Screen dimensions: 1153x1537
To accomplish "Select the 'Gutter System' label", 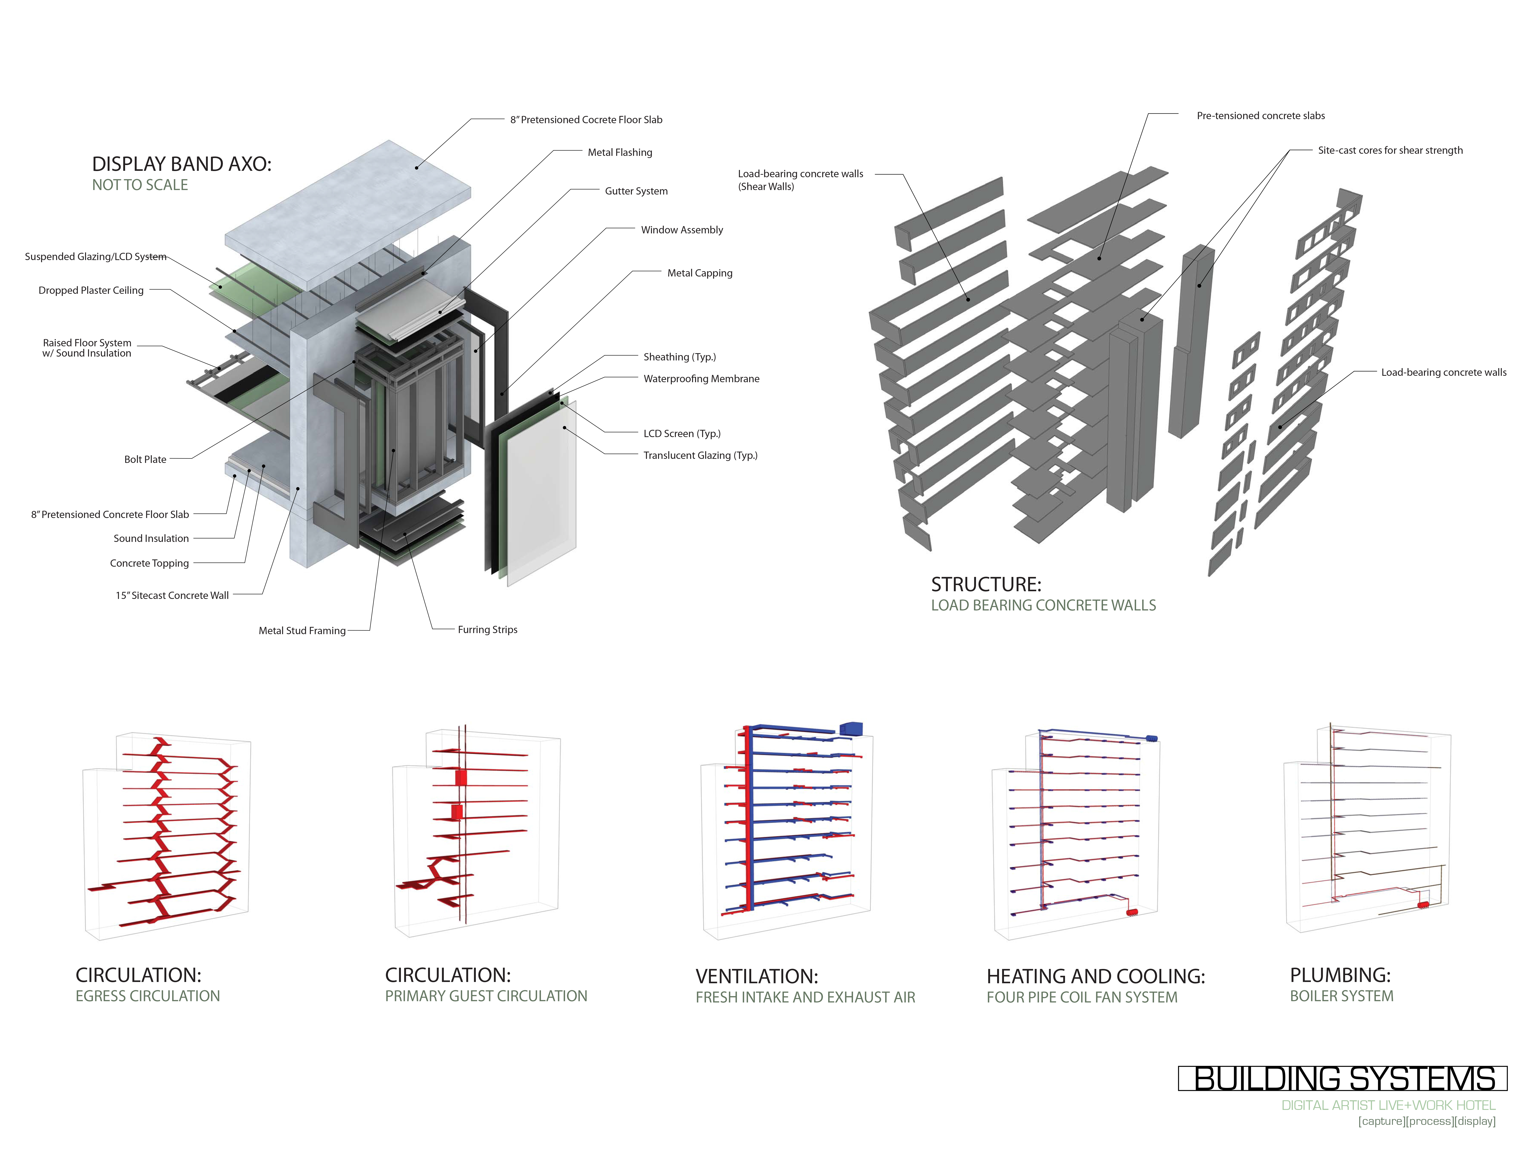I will tap(636, 191).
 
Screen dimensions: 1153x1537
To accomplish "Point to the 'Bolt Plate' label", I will tap(145, 459).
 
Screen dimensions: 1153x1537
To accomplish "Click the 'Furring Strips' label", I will tap(487, 630).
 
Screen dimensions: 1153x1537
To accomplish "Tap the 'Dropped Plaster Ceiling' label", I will tap(91, 291).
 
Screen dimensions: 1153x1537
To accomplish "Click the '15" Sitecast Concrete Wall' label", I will tap(172, 596).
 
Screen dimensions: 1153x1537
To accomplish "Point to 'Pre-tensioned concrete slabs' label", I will tap(1261, 116).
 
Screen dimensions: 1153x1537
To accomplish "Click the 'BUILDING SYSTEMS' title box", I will tap(1343, 1078).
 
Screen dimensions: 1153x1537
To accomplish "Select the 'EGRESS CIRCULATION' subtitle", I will tap(147, 996).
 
